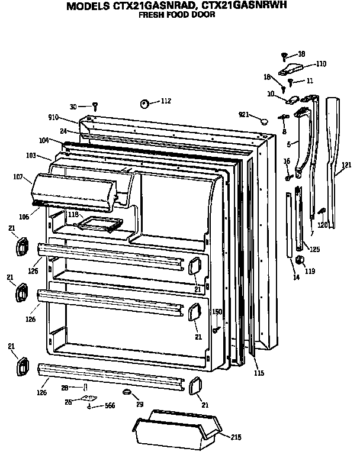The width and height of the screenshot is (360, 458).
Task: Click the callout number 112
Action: pos(165,101)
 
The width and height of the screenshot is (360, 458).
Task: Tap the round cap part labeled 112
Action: pos(144,104)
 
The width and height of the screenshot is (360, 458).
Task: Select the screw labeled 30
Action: pos(94,107)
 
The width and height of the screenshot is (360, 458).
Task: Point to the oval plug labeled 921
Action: pos(262,121)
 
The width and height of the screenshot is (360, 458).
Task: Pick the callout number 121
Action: pos(346,175)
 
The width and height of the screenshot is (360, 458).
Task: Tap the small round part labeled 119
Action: pos(299,259)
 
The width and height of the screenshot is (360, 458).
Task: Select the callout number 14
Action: pos(295,276)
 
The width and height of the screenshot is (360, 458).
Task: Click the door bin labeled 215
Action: pos(175,429)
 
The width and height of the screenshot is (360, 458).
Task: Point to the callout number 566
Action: pos(109,406)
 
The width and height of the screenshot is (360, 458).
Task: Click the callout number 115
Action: pos(259,373)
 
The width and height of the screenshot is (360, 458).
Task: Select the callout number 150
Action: pos(217,312)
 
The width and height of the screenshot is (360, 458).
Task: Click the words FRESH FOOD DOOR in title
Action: pos(176,16)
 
